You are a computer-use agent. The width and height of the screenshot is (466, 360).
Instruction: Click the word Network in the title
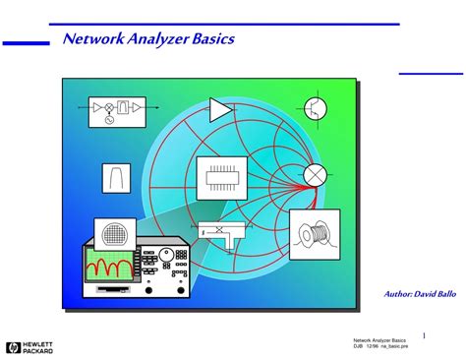coord(91,40)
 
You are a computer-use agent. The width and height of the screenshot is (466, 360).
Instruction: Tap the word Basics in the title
coord(211,40)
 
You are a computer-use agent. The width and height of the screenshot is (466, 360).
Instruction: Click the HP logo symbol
coord(12,346)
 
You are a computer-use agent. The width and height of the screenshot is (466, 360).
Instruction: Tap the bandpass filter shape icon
coord(116,178)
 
